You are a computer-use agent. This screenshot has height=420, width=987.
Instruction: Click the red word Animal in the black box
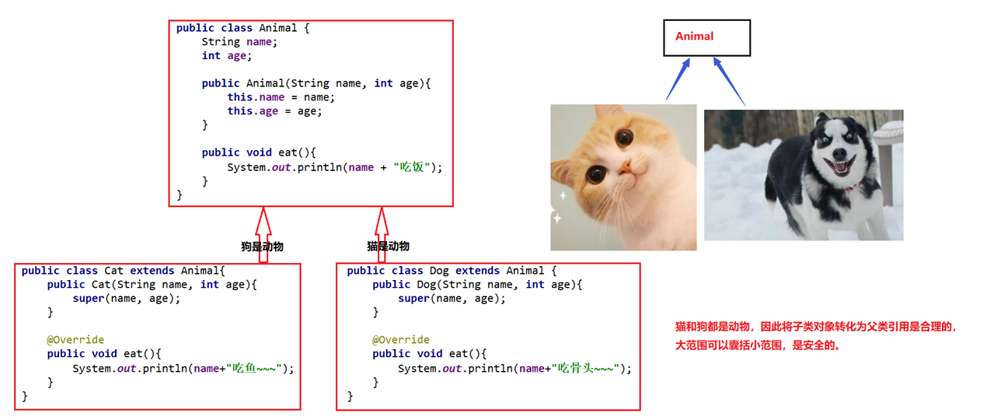694,37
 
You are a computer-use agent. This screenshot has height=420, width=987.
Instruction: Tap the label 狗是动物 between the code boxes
262,247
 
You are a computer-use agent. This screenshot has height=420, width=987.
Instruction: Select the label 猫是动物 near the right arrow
388,247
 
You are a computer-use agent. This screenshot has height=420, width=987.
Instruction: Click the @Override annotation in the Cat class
75,340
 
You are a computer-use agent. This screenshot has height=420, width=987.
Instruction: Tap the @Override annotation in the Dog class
400,340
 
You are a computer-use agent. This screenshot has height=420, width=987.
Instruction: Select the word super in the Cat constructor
88,299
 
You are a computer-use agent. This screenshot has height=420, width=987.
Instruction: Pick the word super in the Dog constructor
413,299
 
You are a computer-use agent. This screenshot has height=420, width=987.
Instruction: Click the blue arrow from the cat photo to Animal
677,79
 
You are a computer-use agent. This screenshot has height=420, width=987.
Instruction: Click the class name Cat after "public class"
113,271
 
